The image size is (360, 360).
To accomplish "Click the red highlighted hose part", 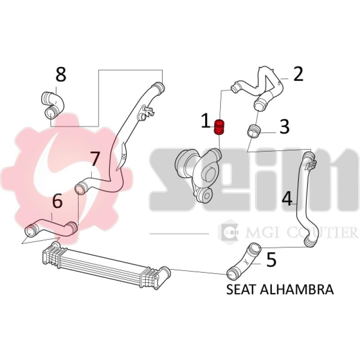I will click(x=220, y=127).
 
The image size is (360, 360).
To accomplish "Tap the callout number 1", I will click(x=205, y=121).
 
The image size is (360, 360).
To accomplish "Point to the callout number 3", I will click(x=284, y=127).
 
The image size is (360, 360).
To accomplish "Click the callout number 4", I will click(x=287, y=198).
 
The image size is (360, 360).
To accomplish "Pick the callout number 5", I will click(x=271, y=260).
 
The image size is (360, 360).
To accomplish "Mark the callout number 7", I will click(x=94, y=159).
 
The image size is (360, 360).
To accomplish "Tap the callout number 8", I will click(x=61, y=74).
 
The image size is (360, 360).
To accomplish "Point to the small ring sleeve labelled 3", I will click(x=254, y=131).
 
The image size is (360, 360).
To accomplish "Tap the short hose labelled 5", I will click(x=244, y=261).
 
